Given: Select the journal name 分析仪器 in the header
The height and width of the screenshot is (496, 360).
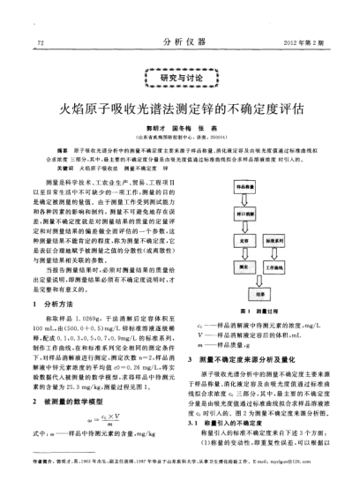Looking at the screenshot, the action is click(180, 41).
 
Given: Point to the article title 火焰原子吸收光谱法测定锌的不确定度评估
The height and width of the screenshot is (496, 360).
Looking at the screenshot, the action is click(180, 113).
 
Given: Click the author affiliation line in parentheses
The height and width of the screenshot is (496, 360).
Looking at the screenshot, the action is click(180, 139).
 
